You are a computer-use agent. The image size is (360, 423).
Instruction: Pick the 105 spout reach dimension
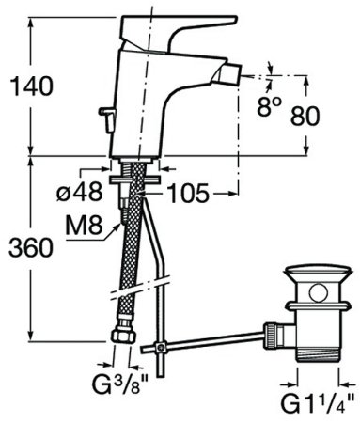pos(192,193)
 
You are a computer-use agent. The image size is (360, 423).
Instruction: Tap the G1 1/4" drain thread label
pos(321,405)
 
